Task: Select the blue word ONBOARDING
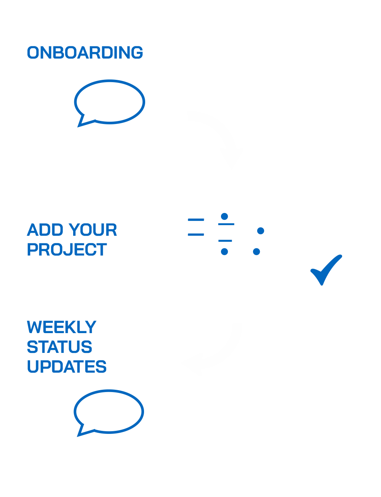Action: point(85,52)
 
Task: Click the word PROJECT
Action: point(67,249)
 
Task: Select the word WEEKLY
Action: point(62,327)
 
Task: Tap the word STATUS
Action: point(59,347)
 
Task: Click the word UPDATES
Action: point(67,367)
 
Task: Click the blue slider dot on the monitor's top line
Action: point(224,216)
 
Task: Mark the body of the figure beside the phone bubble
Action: point(56,160)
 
